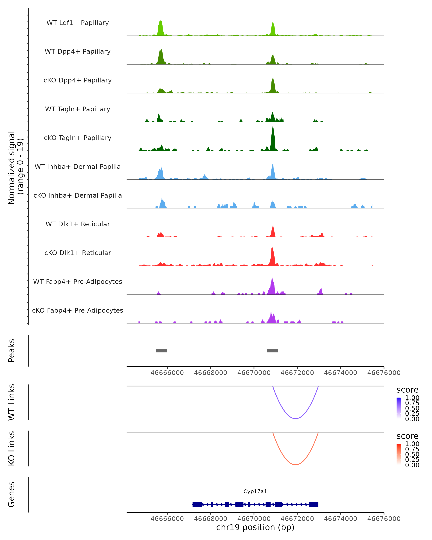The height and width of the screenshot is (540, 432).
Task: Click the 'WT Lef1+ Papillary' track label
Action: click(78, 23)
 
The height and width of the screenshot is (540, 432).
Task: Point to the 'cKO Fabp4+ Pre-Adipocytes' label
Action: click(78, 310)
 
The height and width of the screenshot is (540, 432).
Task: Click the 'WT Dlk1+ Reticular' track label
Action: click(78, 224)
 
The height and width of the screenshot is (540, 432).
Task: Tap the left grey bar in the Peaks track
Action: click(161, 351)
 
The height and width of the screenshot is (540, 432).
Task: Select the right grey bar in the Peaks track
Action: click(273, 351)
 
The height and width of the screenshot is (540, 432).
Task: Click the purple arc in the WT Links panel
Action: click(296, 418)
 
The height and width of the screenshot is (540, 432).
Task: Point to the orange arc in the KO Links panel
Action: click(296, 465)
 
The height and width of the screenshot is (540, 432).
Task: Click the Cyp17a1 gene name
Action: click(255, 491)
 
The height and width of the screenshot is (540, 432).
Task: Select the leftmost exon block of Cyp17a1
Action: click(197, 504)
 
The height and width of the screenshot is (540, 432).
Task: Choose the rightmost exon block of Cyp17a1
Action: click(314, 504)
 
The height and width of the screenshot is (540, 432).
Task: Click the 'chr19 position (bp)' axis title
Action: click(255, 527)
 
